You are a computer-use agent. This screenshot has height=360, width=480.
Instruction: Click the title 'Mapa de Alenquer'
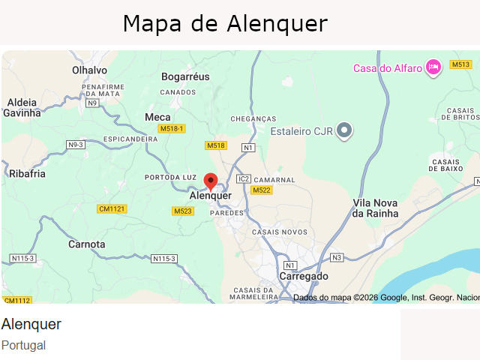(225, 23)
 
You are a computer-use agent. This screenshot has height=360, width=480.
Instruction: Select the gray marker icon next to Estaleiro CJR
(344, 130)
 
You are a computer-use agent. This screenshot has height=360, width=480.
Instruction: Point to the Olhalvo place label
(89, 70)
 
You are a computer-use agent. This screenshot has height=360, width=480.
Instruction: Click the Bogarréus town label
(185, 76)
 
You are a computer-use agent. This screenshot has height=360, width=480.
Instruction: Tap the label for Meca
(157, 117)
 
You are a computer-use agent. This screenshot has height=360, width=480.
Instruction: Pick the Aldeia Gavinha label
(22, 108)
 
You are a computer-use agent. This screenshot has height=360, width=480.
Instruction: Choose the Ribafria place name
(27, 173)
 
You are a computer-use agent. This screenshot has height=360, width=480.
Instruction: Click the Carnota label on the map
(87, 244)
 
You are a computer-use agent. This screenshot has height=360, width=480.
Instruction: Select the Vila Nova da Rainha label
(375, 208)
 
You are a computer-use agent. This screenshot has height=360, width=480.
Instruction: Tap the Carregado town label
(304, 276)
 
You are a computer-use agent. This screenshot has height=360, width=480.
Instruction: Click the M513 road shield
(460, 64)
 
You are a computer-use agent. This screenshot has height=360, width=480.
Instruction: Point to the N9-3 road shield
(76, 144)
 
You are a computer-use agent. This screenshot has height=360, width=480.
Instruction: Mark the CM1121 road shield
(112, 208)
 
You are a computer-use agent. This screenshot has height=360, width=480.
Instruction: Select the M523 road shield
(183, 211)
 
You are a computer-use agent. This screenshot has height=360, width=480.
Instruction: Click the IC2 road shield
(243, 178)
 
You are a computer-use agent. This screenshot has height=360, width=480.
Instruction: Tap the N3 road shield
(337, 257)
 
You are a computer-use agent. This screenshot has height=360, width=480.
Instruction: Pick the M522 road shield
(261, 190)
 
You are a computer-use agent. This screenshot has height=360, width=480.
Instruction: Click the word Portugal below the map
(23, 345)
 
